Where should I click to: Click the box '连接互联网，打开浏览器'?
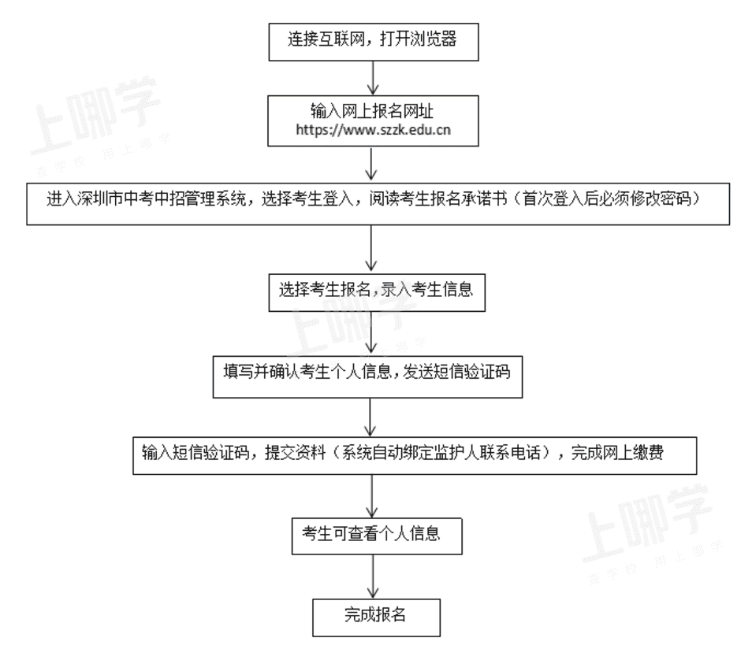tap(373, 42)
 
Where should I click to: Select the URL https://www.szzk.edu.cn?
tap(373, 130)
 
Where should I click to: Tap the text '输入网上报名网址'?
tap(372, 111)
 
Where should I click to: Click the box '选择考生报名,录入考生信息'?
tap(377, 292)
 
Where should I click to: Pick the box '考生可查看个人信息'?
tap(377, 536)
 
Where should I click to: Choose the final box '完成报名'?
tap(376, 617)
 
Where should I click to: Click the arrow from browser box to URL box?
tap(373, 78)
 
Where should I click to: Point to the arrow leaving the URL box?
tap(370, 164)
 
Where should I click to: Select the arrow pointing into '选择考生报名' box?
tap(370, 249)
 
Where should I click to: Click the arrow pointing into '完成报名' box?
tap(373, 577)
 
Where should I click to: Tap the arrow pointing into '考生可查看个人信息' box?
tap(372, 495)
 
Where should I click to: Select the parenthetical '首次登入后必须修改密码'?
tap(607, 198)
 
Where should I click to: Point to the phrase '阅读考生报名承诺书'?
tap(437, 198)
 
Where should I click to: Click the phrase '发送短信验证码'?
tap(456, 372)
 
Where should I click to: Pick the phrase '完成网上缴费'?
tap(617, 452)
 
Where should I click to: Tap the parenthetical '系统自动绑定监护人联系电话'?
tap(441, 452)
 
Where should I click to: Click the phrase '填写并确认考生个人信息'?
tap(307, 372)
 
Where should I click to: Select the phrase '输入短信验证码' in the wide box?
tap(195, 452)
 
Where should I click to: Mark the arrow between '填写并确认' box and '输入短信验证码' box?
tap(370, 417)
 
